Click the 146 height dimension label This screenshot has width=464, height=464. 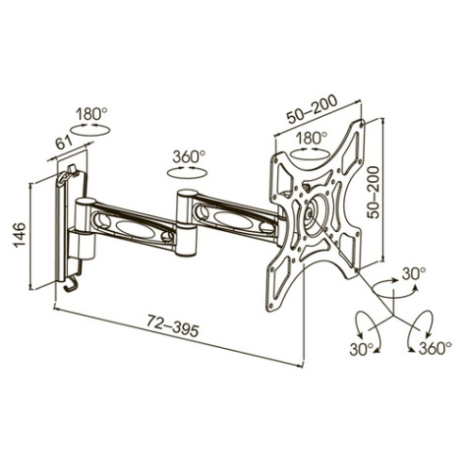(20, 234)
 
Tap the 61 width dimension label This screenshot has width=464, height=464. (64, 143)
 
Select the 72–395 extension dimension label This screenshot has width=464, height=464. (172, 325)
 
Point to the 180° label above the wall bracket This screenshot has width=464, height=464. (91, 114)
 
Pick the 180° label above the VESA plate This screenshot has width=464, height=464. (312, 138)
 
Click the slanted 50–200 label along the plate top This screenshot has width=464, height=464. (312, 109)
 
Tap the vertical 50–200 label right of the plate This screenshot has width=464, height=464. (374, 192)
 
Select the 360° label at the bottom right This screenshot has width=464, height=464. (435, 348)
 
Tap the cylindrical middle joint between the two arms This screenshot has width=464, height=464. (186, 223)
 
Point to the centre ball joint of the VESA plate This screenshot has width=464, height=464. (310, 214)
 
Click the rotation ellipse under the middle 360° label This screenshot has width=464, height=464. (187, 172)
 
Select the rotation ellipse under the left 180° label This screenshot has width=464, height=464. (90, 130)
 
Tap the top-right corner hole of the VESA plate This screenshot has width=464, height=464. (362, 125)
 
